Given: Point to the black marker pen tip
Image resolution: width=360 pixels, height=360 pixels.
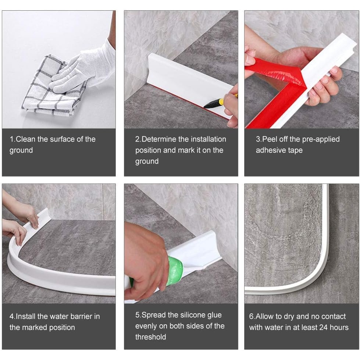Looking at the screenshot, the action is (x=205, y=106).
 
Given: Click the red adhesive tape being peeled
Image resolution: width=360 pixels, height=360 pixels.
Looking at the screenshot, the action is (x=275, y=90).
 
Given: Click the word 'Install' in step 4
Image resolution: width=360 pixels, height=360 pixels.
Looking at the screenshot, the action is (x=25, y=316).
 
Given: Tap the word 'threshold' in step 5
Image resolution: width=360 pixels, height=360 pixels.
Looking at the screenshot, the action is (x=151, y=337).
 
